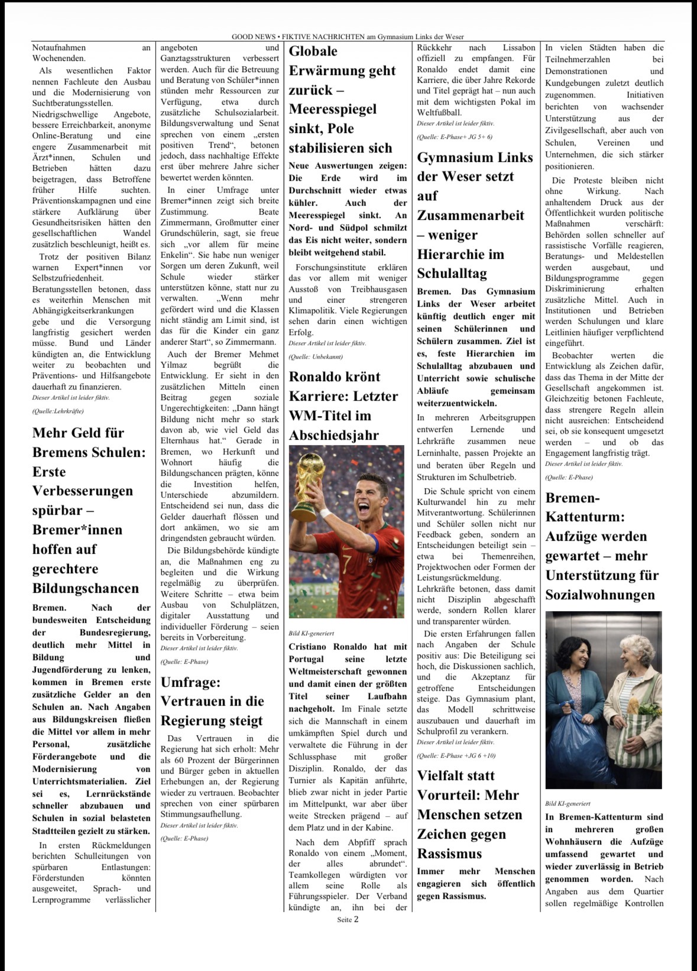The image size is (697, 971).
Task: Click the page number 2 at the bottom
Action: point(356,919)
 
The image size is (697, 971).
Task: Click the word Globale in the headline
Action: point(313,51)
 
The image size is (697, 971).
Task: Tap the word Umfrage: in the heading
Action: point(190,682)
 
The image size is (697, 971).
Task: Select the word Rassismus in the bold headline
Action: point(449,853)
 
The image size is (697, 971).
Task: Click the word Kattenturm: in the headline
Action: point(585,517)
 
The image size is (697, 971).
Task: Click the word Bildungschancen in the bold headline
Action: point(86,589)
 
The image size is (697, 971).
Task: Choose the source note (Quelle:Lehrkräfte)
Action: point(58,411)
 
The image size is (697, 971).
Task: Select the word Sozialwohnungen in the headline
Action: point(600,595)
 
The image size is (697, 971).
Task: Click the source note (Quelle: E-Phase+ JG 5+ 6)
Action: point(454,137)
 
